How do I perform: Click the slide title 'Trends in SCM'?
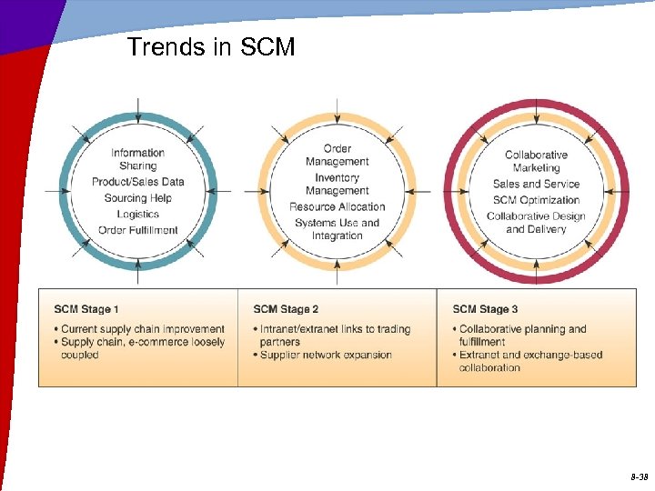211,47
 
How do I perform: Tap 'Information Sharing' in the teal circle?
138,159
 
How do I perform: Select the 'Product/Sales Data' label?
138,182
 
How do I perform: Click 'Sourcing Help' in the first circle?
138,198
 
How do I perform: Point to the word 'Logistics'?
138,215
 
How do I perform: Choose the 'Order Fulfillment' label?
138,230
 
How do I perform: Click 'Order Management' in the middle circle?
338,155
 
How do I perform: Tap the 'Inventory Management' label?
338,184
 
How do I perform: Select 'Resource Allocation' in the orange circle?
338,206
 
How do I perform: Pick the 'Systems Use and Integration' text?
338,229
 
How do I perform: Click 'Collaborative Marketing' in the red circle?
537,161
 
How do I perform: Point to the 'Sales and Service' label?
537,184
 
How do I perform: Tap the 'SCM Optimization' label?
537,200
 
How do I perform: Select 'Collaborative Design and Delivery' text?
537,223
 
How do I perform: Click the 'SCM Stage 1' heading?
86,309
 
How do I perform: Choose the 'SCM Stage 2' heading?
286,309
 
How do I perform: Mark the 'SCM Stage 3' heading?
485,309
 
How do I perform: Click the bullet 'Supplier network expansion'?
326,355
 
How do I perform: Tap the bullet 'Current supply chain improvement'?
143,329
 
